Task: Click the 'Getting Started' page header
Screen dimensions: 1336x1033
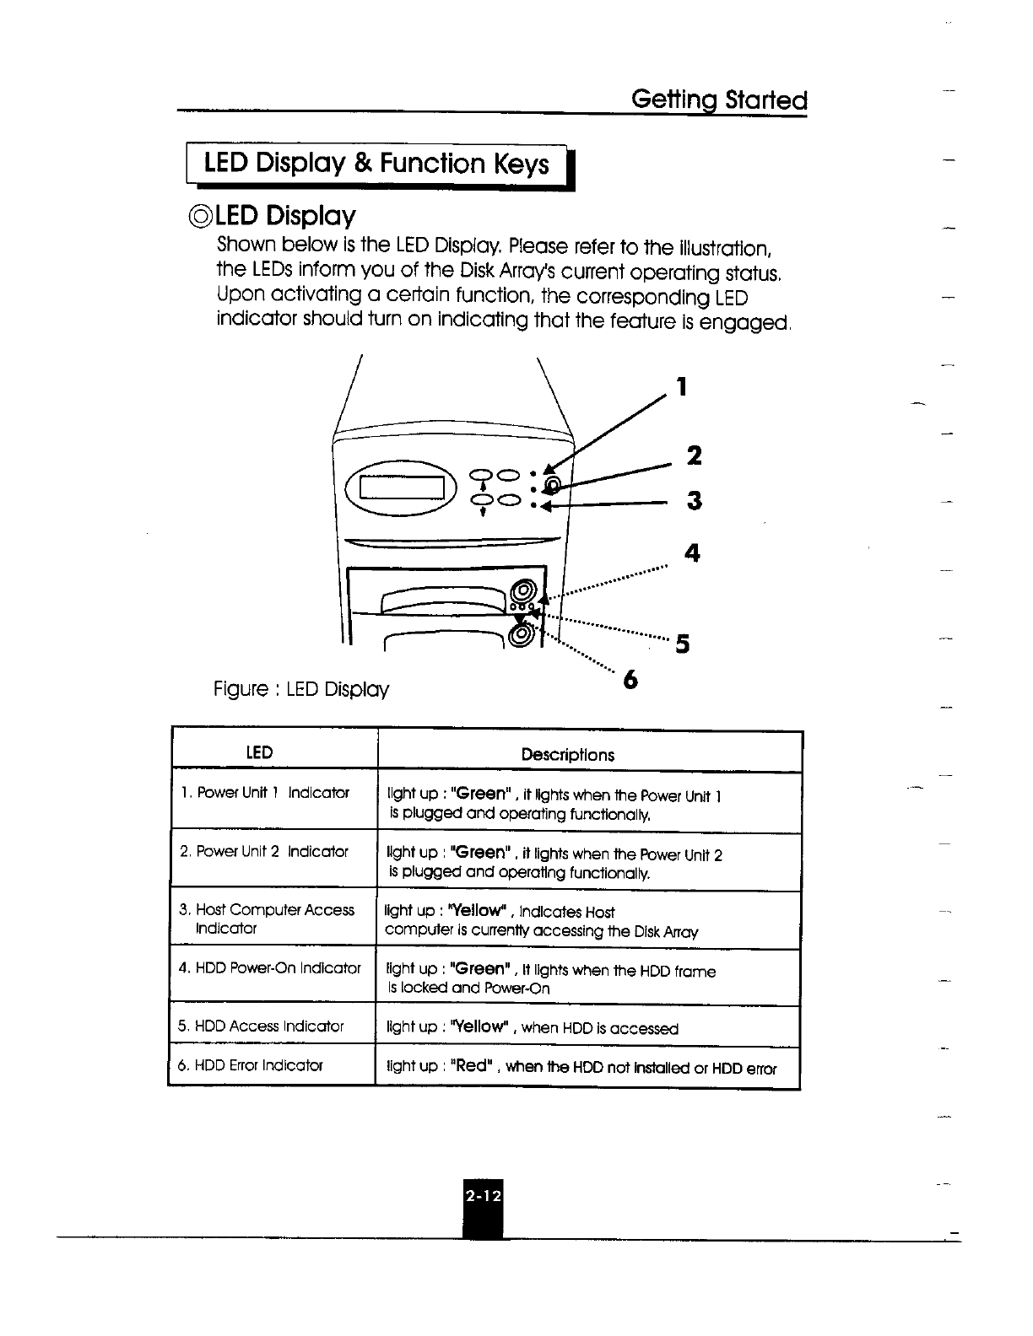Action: click(x=719, y=101)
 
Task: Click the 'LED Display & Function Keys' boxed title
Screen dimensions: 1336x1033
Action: click(x=376, y=164)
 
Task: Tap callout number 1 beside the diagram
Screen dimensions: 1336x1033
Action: click(x=683, y=387)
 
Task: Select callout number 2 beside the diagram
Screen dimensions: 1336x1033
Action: click(x=694, y=456)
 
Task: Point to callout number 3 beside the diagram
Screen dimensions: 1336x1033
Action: click(x=694, y=501)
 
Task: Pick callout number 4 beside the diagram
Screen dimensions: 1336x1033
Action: click(x=692, y=553)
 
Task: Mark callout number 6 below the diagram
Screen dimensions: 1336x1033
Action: click(x=628, y=680)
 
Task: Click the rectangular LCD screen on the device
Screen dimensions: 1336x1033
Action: click(x=403, y=488)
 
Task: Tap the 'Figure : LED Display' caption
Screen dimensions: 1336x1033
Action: click(x=301, y=690)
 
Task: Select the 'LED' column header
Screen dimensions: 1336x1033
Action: click(x=259, y=752)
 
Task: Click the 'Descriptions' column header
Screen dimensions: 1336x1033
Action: click(x=567, y=755)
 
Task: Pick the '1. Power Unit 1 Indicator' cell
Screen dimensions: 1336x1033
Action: click(x=264, y=793)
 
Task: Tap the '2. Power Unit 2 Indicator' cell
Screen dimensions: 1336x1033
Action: click(x=264, y=852)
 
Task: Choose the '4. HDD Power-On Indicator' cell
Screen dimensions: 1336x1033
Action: click(x=269, y=967)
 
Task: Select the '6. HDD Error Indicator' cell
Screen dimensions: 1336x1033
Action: click(x=251, y=1065)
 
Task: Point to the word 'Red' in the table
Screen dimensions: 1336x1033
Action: click(x=471, y=1065)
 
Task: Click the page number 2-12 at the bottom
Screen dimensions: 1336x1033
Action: click(x=482, y=1195)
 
